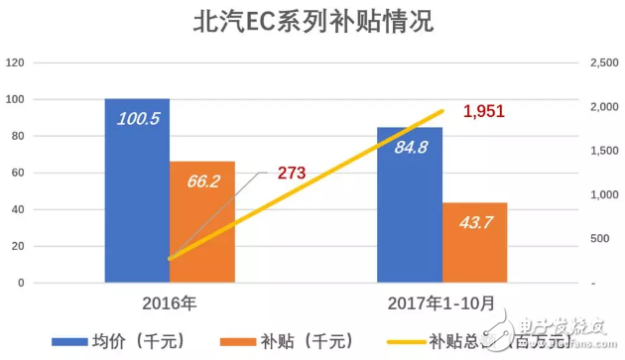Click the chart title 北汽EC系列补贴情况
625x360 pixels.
pos(312,21)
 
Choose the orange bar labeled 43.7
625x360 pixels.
pos(474,243)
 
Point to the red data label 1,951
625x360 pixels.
pos(485,111)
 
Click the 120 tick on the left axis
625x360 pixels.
pos(15,62)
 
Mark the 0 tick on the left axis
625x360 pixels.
pos(21,283)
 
